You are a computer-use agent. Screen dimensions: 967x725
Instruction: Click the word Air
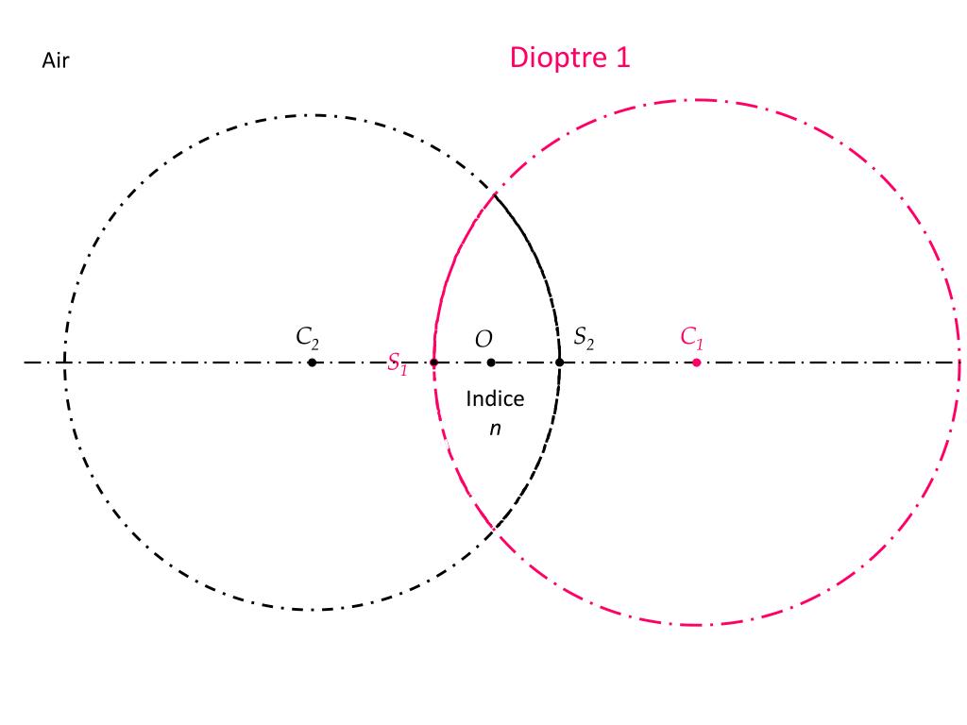(56, 61)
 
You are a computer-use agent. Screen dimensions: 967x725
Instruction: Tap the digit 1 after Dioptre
(622, 58)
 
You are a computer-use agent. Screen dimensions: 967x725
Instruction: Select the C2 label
(308, 337)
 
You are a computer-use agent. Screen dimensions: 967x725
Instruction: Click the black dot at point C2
(313, 362)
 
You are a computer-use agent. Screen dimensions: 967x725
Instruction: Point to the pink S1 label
(398, 363)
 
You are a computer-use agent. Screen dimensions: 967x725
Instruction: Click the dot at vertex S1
(433, 362)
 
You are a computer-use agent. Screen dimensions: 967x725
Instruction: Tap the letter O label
(483, 338)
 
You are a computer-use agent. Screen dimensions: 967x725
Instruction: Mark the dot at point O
(491, 362)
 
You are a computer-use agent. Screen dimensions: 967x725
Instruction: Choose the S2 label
(585, 337)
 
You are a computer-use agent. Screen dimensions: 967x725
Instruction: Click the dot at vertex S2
(560, 362)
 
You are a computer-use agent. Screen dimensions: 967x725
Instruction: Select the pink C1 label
(692, 337)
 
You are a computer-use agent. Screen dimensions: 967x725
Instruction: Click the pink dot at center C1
(697, 362)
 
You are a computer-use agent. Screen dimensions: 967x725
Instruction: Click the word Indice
(495, 398)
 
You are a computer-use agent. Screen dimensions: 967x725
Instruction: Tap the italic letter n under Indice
(494, 428)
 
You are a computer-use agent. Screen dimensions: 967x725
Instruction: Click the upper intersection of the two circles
(494, 194)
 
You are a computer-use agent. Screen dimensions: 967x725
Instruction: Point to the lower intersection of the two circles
(494, 531)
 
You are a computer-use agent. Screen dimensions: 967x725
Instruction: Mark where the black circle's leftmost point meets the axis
(64, 362)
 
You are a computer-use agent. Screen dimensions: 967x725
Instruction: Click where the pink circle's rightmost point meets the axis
(959, 362)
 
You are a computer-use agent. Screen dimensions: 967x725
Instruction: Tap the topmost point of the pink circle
(697, 99)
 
